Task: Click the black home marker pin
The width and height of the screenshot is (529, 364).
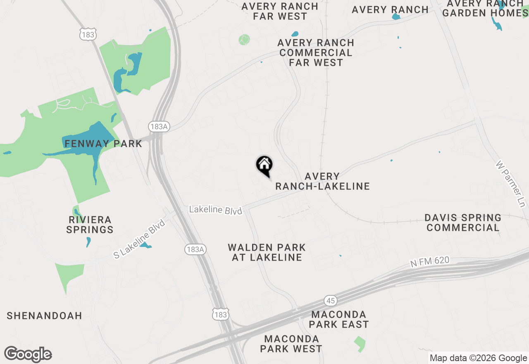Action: coord(264,165)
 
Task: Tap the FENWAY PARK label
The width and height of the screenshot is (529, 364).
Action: coord(103,144)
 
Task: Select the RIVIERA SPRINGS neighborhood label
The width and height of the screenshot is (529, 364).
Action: coord(90,224)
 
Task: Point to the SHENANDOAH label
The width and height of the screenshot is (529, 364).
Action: coord(44,316)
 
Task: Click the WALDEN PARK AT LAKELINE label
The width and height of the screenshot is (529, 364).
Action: coord(267,252)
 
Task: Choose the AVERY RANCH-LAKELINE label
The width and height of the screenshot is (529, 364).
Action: coord(322,182)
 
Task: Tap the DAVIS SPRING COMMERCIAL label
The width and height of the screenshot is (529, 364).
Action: coord(463,223)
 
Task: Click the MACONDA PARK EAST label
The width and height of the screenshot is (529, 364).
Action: coord(338,319)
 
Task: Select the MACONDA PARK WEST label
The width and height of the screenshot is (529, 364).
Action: coord(291,344)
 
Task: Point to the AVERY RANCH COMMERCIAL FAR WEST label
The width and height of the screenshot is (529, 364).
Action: coord(316,53)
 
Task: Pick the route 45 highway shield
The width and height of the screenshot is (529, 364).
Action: coord(331,301)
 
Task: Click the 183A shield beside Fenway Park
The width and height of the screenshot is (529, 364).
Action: coord(158,127)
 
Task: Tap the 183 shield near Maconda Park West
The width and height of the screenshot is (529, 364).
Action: coord(221,315)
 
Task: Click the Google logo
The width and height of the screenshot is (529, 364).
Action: coord(28,354)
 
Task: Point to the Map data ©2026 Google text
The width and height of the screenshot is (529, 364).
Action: coord(478,358)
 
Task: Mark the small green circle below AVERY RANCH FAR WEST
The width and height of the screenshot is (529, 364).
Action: coord(244,40)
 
